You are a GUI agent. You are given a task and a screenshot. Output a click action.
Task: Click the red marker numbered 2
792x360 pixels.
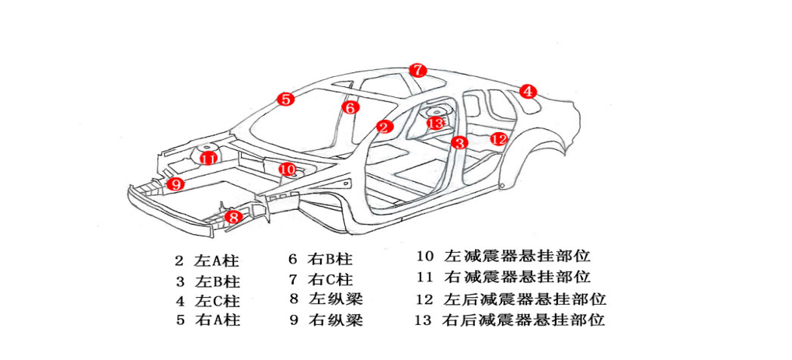[384, 126]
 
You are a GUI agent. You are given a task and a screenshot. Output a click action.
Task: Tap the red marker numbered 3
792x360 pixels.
[460, 142]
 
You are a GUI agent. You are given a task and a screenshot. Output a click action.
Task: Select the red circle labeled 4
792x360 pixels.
[528, 91]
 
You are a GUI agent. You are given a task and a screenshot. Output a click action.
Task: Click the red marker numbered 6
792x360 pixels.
[351, 108]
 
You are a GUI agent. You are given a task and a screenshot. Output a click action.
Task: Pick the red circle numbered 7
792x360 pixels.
[418, 70]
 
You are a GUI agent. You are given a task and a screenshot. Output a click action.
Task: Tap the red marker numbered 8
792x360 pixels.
[234, 218]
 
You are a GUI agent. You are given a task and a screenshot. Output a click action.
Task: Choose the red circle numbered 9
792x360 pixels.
[176, 184]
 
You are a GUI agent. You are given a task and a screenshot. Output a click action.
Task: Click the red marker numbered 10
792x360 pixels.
[288, 169]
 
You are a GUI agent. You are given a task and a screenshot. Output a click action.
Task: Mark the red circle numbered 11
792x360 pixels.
[208, 159]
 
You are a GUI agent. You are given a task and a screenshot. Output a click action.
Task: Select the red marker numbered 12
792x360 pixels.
[498, 139]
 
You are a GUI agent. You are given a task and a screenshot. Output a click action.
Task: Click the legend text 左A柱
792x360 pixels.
[217, 260]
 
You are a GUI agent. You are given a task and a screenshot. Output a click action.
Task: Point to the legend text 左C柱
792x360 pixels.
[217, 300]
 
